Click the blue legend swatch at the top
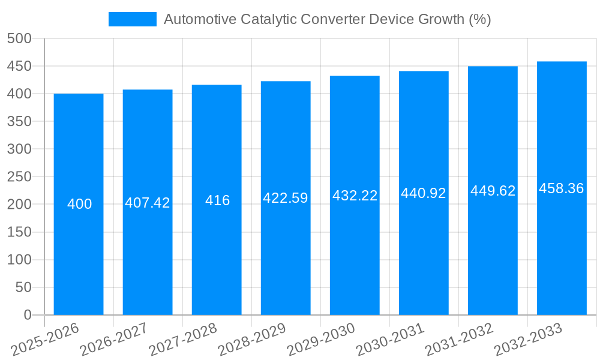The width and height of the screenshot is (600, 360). click(132, 19)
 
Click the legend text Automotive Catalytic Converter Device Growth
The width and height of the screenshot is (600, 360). click(327, 19)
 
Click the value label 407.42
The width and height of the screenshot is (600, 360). click(148, 203)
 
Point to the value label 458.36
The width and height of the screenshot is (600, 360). click(562, 188)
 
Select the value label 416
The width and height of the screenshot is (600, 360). click(217, 200)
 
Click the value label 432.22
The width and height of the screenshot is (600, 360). click(355, 196)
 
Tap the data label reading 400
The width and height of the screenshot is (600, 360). click(79, 205)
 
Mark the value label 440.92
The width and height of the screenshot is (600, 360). click(424, 193)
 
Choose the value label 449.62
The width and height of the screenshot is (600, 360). click(493, 191)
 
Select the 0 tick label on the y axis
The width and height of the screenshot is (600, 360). click(27, 315)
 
